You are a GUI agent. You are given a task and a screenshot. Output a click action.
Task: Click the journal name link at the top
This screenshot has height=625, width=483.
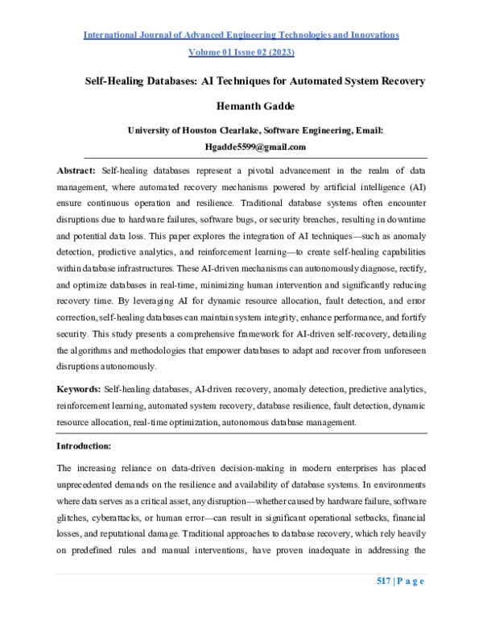coord(241,35)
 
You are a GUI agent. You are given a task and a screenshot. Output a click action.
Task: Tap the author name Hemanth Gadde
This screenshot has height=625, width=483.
coord(241,106)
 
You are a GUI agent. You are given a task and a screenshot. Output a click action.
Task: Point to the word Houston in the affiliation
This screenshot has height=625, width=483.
coord(207,130)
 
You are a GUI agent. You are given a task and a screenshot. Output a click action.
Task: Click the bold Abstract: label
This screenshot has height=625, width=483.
coord(76,171)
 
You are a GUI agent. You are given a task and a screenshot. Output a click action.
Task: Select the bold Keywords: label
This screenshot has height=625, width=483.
coord(79,388)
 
